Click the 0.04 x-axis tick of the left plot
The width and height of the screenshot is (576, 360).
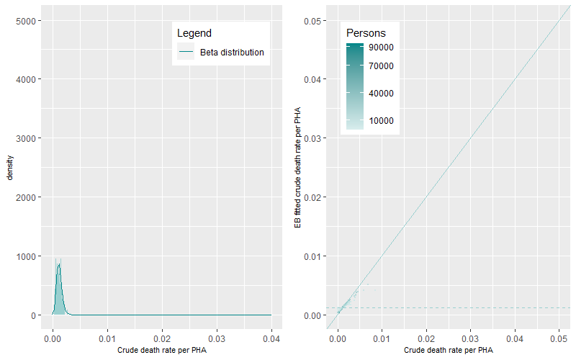tap(271, 338)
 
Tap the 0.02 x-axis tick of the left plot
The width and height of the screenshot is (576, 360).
tap(162, 338)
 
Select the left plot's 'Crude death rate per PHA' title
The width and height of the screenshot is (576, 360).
tap(162, 350)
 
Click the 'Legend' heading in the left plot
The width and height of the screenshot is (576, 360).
tap(194, 33)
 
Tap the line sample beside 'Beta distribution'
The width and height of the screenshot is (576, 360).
tap(186, 53)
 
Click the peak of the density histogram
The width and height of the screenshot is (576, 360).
tap(59, 265)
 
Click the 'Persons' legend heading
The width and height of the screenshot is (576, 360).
tap(366, 33)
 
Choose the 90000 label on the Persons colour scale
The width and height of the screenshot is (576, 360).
tap(381, 48)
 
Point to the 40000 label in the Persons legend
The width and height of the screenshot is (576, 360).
tap(381, 94)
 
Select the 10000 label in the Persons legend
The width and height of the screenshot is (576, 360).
tap(381, 121)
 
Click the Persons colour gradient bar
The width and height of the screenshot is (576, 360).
tap(354, 86)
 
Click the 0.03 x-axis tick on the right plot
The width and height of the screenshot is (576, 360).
tap(471, 338)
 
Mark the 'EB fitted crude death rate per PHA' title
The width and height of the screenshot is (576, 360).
tap(297, 168)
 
